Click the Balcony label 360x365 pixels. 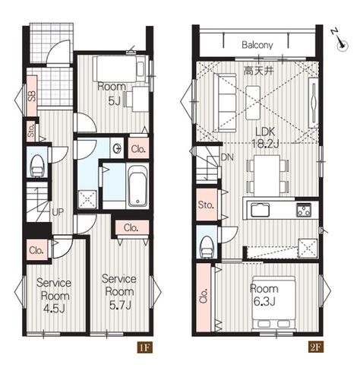coord(257,45)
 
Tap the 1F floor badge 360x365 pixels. coord(145,347)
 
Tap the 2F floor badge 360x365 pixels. coord(316,347)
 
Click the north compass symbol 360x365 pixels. coord(340,40)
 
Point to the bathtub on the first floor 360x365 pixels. coord(137,186)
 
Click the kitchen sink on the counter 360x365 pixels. coord(260,210)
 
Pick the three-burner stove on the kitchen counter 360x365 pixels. coord(304,210)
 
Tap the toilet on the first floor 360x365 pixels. coord(37,166)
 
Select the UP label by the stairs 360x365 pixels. coord(58,212)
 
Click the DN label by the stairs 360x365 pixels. coord(227,157)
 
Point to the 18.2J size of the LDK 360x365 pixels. coord(265,144)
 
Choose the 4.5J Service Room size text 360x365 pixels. coord(54,309)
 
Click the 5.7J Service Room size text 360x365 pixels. coord(120,306)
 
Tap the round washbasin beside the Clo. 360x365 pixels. coord(117,148)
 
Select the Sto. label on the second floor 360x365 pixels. coord(206,205)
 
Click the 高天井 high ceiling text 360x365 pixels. coord(258,71)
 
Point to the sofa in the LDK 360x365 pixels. coord(225,103)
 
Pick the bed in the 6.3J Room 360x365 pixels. coord(273,303)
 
